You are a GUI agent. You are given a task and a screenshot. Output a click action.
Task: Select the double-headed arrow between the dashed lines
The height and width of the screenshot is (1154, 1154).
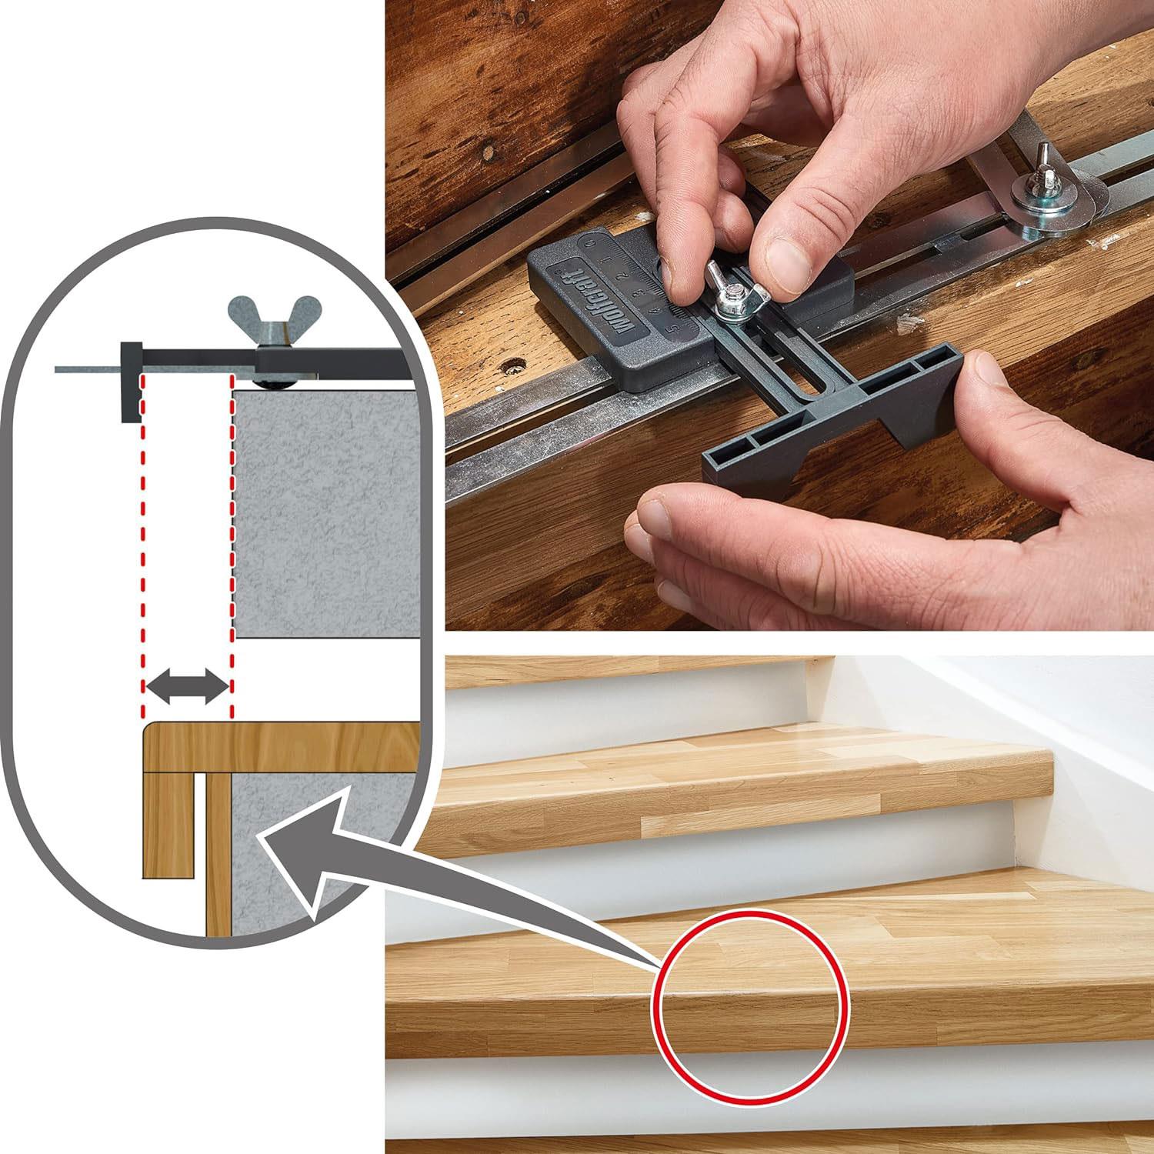pos(186,685)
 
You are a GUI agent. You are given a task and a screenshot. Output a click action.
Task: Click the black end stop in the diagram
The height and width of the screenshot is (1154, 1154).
pos(131,381)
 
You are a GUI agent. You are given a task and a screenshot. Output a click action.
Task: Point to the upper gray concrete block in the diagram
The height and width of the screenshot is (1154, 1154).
pos(327,512)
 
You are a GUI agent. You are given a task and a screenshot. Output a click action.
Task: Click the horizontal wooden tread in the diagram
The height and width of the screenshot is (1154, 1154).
pos(282,747)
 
